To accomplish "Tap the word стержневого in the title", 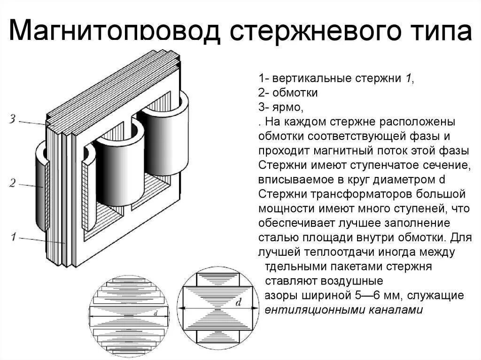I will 313,31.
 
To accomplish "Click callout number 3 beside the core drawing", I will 14,119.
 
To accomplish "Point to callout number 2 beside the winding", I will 13,183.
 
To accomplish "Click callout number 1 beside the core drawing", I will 14,237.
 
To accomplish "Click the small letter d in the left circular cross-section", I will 155,311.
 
